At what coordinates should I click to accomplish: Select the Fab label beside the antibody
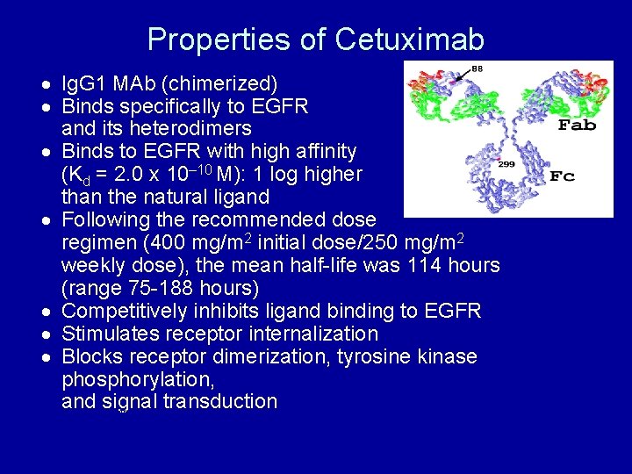tap(577, 125)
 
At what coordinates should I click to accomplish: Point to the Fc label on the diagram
tap(562, 176)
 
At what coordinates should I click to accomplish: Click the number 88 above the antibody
tap(477, 68)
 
